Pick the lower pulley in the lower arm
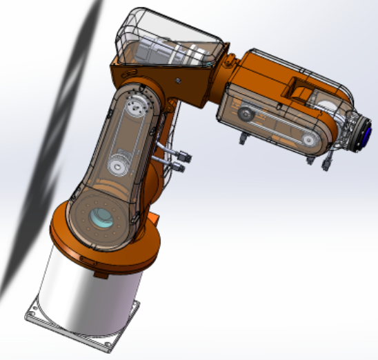point(118,166)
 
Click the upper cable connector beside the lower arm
point(184,153)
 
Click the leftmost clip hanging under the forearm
point(242,141)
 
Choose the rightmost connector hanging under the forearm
point(327,164)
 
